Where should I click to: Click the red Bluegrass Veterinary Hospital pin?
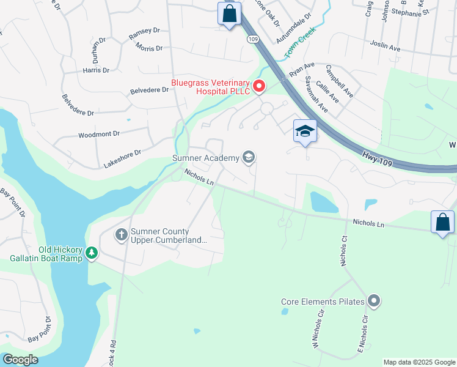tap(259, 86)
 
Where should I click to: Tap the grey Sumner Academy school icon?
tap(248, 158)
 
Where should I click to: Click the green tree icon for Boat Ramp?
tap(92, 253)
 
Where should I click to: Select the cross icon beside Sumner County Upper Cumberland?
tap(121, 234)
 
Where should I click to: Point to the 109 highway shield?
tap(252, 39)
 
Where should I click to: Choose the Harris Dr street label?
tap(96, 70)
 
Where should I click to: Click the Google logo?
tap(20, 360)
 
